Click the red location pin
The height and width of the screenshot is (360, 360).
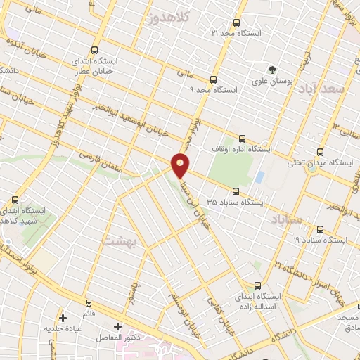(181, 165)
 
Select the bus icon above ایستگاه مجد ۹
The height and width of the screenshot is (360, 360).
(213, 79)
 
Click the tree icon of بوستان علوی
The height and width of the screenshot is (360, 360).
(272, 69)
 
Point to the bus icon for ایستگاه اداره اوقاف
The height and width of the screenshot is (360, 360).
(243, 139)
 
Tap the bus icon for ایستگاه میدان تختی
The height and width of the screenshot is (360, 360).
(321, 152)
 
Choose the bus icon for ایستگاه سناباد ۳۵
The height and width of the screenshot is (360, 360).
(236, 190)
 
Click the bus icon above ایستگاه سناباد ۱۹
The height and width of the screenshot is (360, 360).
(321, 229)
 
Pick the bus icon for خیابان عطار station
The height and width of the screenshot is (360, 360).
(75, 51)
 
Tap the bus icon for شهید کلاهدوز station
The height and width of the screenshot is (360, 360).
(15, 199)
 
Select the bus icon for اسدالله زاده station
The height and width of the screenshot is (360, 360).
(257, 285)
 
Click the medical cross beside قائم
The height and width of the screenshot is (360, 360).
(63, 318)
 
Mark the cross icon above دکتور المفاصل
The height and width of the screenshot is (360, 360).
(117, 326)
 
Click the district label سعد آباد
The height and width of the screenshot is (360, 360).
(323, 90)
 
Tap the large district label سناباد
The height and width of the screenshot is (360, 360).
(285, 220)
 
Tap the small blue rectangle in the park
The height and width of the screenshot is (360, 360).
(259, 176)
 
